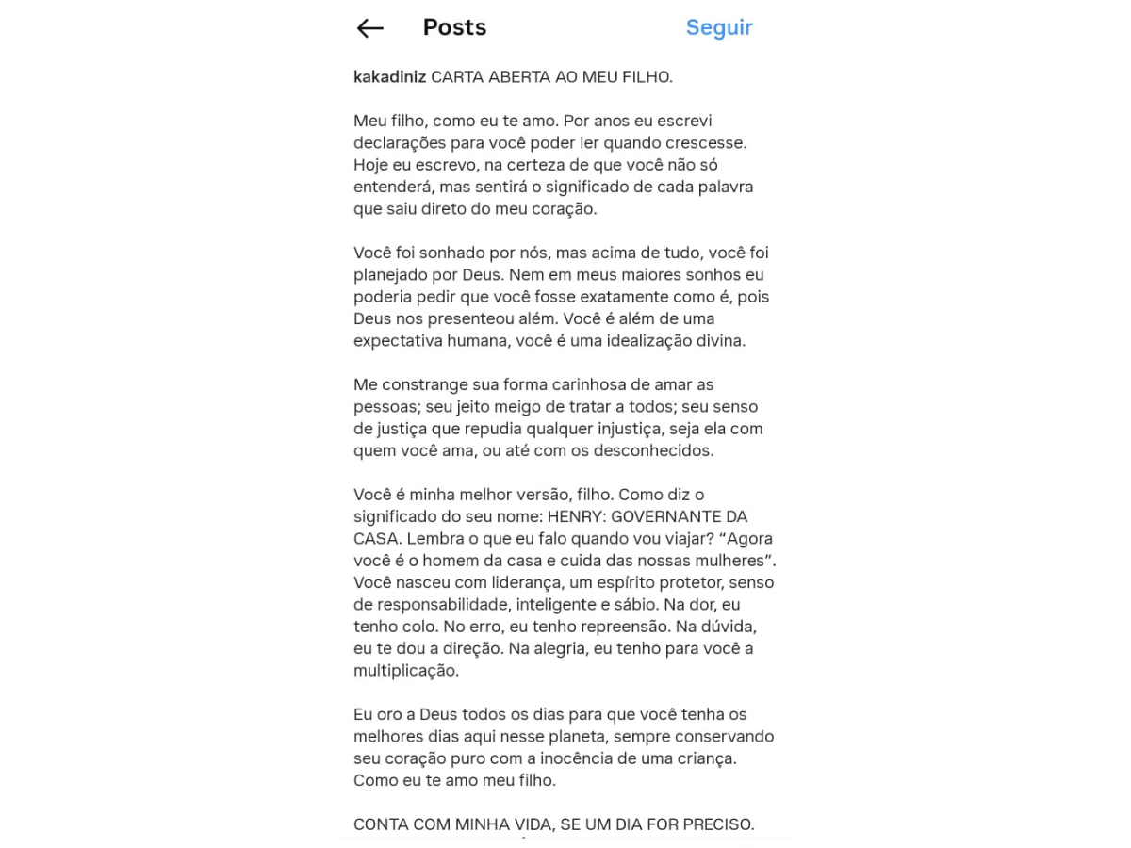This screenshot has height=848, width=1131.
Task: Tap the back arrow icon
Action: (x=369, y=28)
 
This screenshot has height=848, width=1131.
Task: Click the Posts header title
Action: (x=454, y=28)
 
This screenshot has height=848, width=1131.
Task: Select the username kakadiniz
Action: (x=389, y=77)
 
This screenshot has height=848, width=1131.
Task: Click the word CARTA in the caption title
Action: (x=457, y=77)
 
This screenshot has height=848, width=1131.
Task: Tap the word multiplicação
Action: (x=406, y=671)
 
